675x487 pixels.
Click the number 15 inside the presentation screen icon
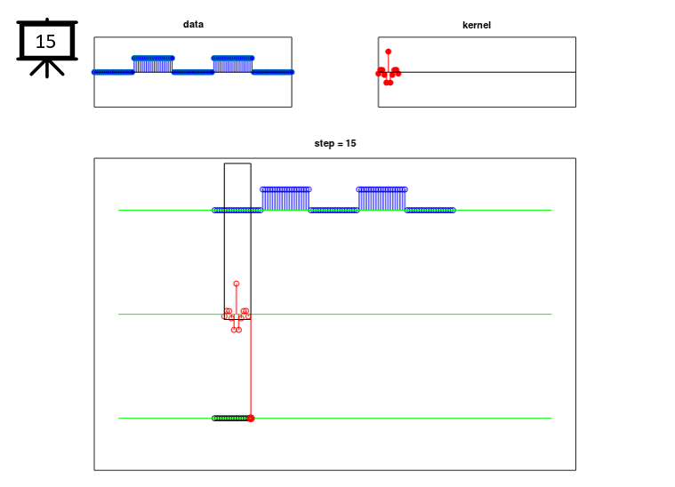(x=45, y=42)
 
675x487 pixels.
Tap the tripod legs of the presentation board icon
(x=47, y=68)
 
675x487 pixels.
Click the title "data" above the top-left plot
(x=193, y=25)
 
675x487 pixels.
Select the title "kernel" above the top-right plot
(x=477, y=26)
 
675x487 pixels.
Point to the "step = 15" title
(x=335, y=143)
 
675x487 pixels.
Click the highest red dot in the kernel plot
(x=389, y=52)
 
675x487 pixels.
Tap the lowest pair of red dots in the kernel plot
(x=389, y=82)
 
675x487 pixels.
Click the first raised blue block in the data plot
(x=153, y=65)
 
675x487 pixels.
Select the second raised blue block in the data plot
(x=233, y=65)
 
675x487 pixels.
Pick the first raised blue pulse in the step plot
(x=285, y=199)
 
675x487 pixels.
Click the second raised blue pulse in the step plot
(x=382, y=199)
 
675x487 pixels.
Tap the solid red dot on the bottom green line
(x=251, y=419)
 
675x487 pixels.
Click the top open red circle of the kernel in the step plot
(x=237, y=284)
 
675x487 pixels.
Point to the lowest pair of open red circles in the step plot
(x=237, y=330)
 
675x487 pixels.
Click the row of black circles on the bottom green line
(x=230, y=419)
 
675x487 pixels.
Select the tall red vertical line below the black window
(x=251, y=368)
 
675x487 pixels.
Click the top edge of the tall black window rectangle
(x=237, y=164)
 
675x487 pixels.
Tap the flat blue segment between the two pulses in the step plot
(x=334, y=211)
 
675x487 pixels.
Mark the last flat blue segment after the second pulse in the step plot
(x=430, y=211)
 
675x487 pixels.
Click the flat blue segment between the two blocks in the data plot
(x=193, y=72)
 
